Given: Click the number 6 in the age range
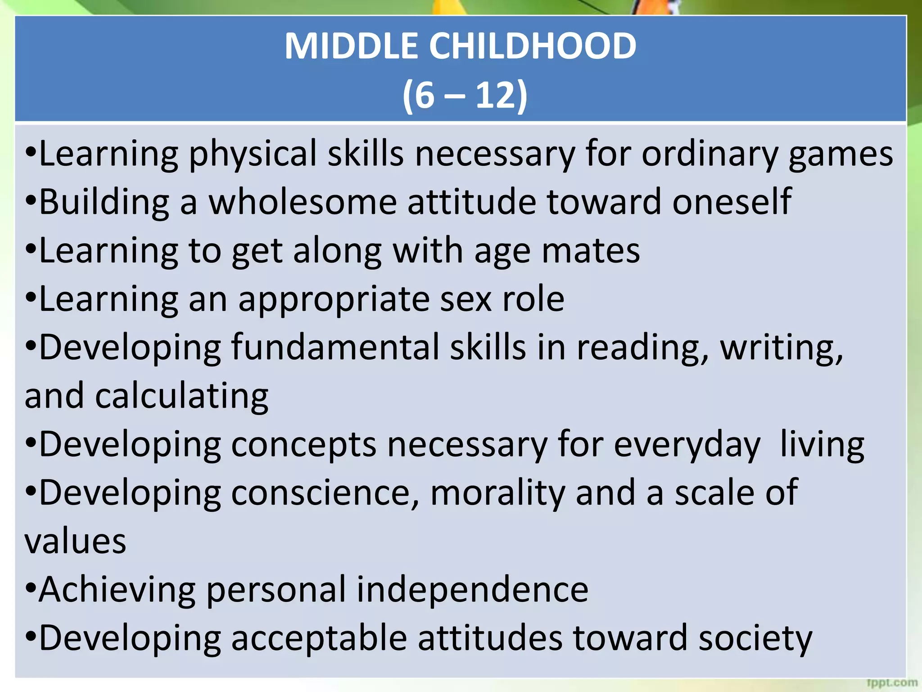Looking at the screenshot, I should click(424, 95).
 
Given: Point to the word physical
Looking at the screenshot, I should click(253, 154).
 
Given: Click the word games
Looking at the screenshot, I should click(841, 154).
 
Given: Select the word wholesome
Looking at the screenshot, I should click(303, 202).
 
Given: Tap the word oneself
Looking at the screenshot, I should click(732, 202).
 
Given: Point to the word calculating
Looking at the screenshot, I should click(182, 396).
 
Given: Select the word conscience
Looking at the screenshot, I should click(325, 493).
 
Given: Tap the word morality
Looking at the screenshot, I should click(497, 493).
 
